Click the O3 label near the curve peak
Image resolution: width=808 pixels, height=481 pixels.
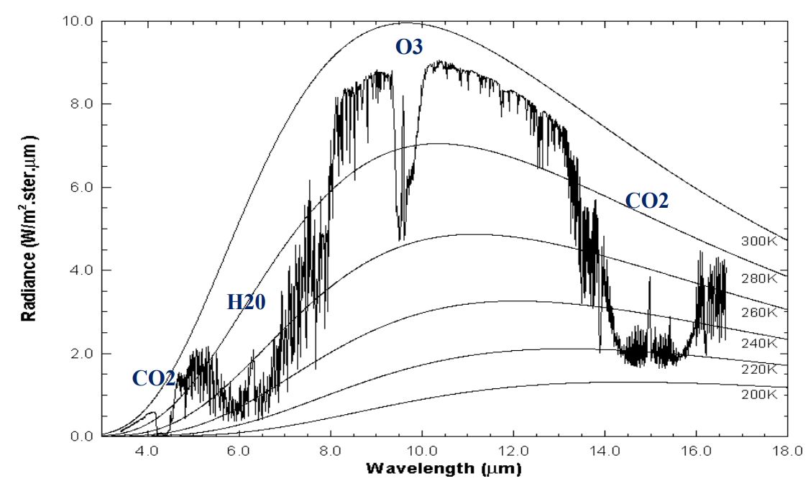tap(409, 47)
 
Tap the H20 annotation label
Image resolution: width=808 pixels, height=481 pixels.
tap(247, 303)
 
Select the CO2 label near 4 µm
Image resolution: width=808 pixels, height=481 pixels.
tap(153, 378)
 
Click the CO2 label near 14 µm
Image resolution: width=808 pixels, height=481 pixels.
tap(646, 201)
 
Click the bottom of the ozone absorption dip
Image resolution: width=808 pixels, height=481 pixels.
tap(400, 238)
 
